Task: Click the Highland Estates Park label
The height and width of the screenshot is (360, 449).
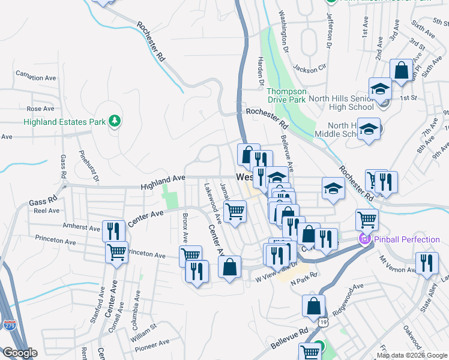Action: click(65, 122)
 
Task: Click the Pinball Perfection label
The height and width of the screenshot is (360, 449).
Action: click(408, 240)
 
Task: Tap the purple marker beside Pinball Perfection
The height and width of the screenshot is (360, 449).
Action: click(364, 240)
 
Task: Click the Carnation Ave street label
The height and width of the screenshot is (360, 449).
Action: click(36, 77)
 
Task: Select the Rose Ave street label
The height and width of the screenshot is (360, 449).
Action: click(40, 109)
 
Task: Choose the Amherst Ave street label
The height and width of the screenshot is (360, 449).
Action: click(82, 228)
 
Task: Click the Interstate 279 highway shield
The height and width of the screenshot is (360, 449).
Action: click(10, 325)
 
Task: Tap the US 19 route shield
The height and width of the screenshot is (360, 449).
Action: click(324, 322)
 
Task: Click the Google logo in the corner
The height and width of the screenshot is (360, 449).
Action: click(20, 353)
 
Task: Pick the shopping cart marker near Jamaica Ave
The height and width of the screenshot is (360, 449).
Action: click(235, 211)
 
